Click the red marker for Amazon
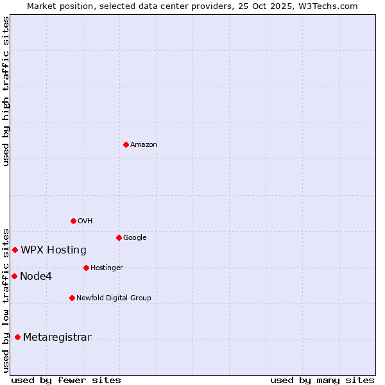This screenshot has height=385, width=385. click(x=126, y=144)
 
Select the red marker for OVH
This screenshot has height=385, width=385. click(x=73, y=221)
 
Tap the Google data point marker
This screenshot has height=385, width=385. click(x=119, y=237)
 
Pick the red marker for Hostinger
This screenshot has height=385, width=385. click(x=86, y=268)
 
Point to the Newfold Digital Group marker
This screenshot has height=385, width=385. click(x=72, y=298)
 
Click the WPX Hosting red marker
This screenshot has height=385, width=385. click(x=15, y=250)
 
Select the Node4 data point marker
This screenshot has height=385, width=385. click(x=14, y=276)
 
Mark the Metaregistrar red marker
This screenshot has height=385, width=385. click(x=17, y=337)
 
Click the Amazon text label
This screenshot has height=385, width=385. click(x=144, y=145)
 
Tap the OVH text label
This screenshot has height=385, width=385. click(x=85, y=221)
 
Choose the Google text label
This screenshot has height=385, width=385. click(x=135, y=238)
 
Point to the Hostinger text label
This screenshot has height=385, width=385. click(x=107, y=268)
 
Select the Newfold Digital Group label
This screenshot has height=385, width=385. click(x=114, y=298)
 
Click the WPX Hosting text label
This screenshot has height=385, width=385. click(x=53, y=250)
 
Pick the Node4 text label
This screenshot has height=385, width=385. click(x=36, y=277)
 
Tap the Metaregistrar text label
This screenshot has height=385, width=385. click(x=57, y=338)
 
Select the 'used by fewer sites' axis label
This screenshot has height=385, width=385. click(x=66, y=380)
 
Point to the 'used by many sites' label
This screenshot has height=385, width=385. click(x=322, y=380)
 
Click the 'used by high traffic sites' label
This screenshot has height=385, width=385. click(x=6, y=91)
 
